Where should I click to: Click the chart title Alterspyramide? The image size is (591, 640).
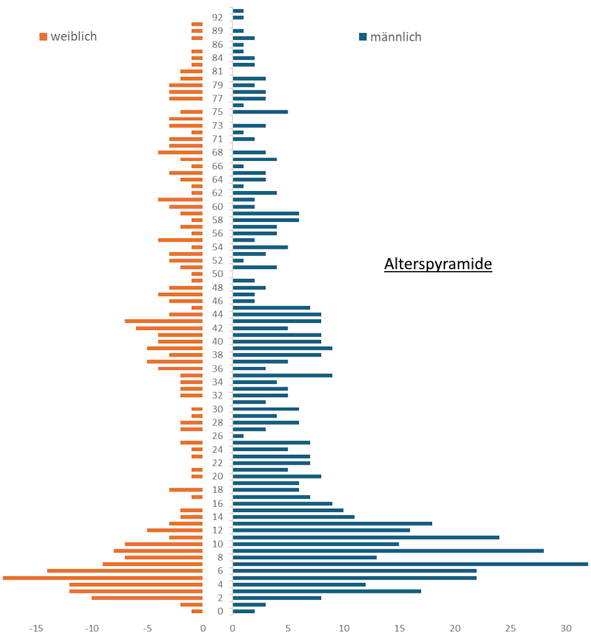pos(438,265)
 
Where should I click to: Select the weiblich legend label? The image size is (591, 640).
pos(74,37)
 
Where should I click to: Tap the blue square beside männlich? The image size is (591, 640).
pos(362,37)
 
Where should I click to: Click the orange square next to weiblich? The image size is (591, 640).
pos(43,37)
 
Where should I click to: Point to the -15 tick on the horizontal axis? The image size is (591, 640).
pos(36,628)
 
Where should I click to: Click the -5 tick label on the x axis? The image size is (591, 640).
pos(147,628)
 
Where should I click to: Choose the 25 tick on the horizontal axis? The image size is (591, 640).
pos(510,628)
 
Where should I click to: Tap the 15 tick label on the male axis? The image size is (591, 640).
pos(399,628)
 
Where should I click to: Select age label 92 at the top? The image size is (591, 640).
pos(217,18)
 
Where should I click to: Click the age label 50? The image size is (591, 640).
pos(217,274)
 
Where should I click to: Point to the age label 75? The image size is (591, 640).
pos(217,112)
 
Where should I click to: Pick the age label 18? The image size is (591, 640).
pos(217,490)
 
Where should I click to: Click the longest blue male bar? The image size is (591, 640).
pos(410,564)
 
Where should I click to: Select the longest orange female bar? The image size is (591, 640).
pos(102,578)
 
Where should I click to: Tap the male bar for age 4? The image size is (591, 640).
pos(299,584)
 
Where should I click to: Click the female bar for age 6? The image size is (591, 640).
pos(125,571)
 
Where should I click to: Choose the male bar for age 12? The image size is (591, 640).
pos(321,530)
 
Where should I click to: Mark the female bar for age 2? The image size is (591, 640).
pos(147,598)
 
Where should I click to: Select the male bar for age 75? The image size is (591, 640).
pos(260,112)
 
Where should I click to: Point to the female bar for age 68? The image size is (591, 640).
pos(181,152)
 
